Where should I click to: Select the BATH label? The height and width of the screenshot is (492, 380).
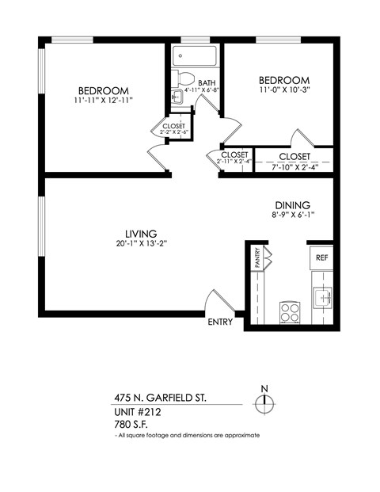[x=207, y=82]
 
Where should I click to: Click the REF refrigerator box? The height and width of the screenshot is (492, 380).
[x=321, y=258]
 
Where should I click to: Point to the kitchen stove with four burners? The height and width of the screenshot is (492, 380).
[x=289, y=311]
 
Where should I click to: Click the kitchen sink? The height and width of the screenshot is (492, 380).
[x=321, y=298]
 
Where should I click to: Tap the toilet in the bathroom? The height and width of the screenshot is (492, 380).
[x=185, y=79]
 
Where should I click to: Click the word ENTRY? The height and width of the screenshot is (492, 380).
[x=220, y=322]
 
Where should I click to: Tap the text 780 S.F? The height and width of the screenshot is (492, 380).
[x=132, y=425]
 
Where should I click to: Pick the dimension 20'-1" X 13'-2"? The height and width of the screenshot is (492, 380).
[x=140, y=244]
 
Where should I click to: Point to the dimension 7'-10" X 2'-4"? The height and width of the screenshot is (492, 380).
[x=294, y=166]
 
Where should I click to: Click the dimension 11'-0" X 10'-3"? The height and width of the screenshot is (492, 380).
[x=283, y=92]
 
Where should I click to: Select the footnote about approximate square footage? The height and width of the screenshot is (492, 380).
[x=187, y=436]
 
